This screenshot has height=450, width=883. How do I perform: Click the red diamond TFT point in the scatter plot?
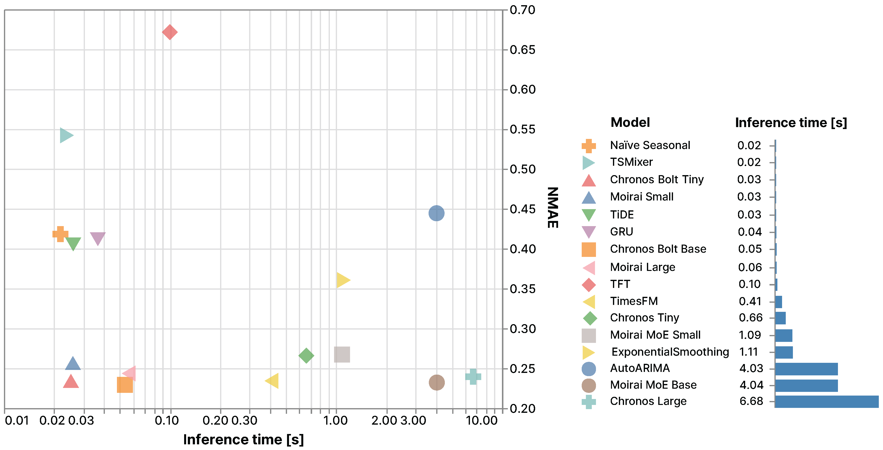tap(170, 32)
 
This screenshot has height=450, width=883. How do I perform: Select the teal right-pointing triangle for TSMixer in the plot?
tap(65, 135)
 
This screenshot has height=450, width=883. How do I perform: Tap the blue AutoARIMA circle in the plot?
tap(436, 213)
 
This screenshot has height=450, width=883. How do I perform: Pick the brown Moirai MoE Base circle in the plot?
tap(437, 383)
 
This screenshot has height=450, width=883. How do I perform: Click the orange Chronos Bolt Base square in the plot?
tap(125, 385)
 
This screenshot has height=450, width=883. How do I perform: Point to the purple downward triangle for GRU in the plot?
tap(98, 238)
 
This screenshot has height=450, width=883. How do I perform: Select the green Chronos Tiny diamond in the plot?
tap(306, 355)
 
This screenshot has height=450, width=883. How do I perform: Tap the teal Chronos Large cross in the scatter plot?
tap(473, 377)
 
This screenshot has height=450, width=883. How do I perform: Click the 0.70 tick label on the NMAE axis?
tap(522, 10)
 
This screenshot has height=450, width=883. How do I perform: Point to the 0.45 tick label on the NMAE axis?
tap(522, 209)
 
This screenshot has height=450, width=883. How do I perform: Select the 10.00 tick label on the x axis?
tap(482, 420)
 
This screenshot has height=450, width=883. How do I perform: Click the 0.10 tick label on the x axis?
tap(167, 420)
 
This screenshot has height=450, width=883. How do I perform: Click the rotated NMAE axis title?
tap(553, 207)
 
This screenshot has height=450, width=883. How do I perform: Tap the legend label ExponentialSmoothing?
tap(670, 352)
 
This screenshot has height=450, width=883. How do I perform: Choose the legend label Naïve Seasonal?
tap(650, 145)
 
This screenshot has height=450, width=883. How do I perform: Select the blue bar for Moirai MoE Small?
tap(784, 335)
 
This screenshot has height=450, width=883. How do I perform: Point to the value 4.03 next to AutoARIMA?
tap(751, 368)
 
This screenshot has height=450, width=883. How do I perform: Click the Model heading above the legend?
tap(630, 122)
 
